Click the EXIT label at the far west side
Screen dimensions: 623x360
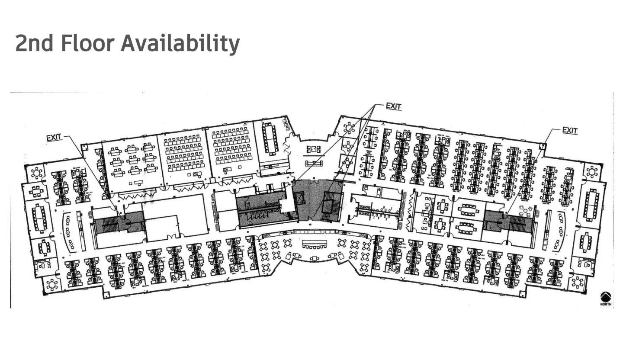[x=54, y=138]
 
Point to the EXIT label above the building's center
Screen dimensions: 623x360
[x=393, y=106]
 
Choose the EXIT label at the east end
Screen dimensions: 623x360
[x=570, y=130]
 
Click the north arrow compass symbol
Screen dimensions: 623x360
[x=606, y=296]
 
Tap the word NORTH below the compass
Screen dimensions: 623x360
[x=606, y=304]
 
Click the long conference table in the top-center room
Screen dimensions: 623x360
[x=270, y=139]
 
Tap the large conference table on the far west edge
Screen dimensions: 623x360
[x=40, y=218]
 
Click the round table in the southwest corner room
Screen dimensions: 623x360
[x=52, y=285]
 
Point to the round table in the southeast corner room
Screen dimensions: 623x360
[x=578, y=283]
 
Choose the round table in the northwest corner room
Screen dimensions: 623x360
[x=37, y=174]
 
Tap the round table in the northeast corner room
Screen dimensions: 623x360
[x=591, y=172]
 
